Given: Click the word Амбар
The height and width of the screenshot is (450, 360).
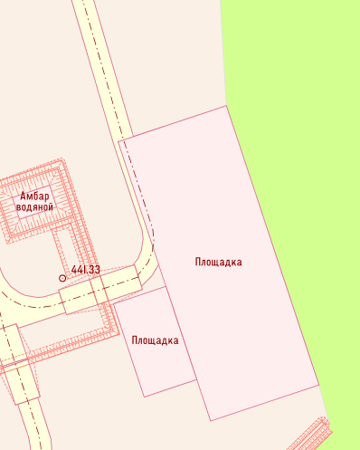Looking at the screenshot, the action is (35, 196).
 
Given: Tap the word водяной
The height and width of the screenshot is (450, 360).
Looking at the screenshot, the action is (35, 207).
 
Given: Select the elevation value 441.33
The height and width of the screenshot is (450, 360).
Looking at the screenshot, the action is (86, 270).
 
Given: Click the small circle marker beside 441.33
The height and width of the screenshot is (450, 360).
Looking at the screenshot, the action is (62, 278).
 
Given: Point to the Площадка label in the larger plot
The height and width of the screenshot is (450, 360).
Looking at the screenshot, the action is (218, 262).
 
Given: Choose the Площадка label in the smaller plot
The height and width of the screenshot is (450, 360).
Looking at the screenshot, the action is (155, 340).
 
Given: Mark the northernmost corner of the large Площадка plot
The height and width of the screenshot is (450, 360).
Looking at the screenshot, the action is (225, 106).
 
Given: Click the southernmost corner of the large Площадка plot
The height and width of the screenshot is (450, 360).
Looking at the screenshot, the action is (211, 420).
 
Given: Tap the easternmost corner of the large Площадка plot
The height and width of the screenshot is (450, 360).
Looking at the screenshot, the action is (319, 384).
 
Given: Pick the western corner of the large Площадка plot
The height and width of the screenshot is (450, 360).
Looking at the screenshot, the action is (118, 141).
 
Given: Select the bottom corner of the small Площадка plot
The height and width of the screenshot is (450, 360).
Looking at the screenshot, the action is (145, 397).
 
